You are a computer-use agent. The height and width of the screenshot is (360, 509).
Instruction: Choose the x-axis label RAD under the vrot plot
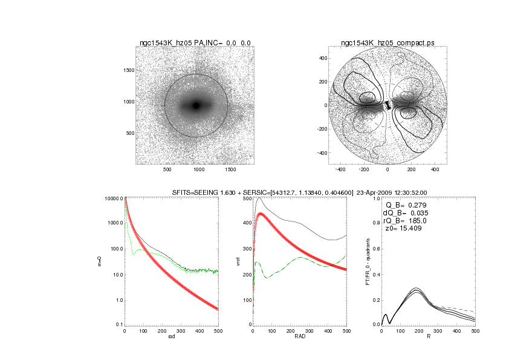click(x=300, y=338)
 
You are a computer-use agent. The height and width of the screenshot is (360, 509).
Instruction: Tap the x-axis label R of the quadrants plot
click(x=428, y=338)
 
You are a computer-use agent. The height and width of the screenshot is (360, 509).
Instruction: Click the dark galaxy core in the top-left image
click(x=196, y=105)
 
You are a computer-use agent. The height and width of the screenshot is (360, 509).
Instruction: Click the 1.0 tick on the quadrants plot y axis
click(x=376, y=198)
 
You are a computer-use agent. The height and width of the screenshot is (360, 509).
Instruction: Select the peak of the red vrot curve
click(x=261, y=214)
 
